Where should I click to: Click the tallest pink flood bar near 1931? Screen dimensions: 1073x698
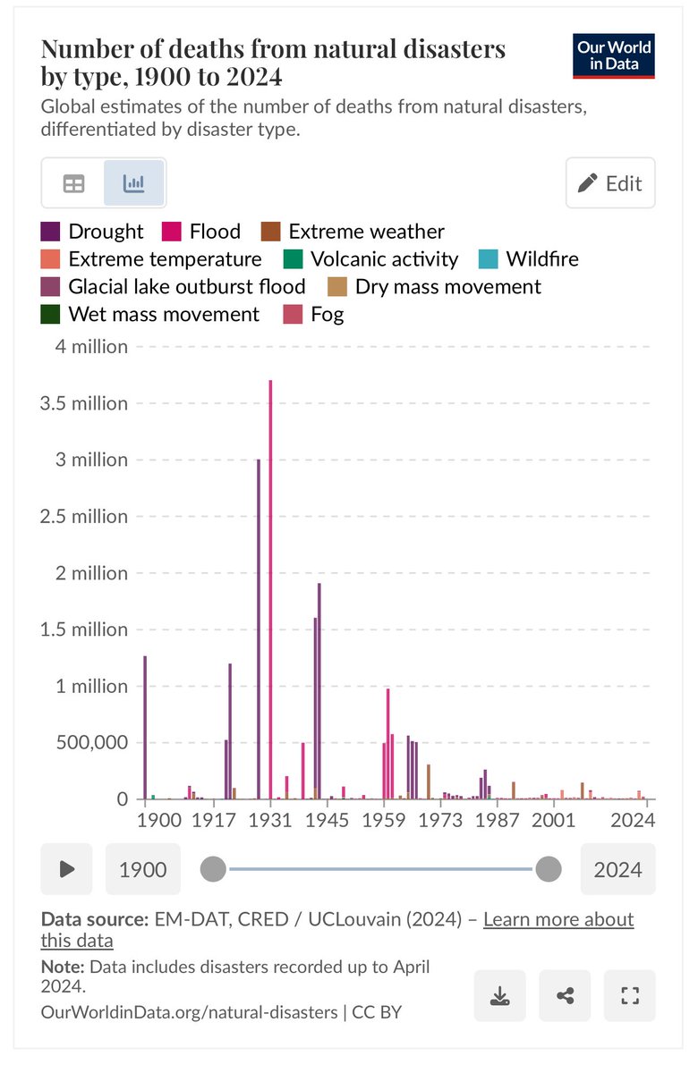pos(270,590)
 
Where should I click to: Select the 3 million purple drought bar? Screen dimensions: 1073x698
pos(259,626)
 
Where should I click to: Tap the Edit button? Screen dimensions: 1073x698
pos(610,183)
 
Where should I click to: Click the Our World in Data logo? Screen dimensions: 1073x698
pos(614,55)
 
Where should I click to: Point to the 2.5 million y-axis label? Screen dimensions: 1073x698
pos(84,516)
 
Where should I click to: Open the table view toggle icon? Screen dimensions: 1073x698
pos(73,183)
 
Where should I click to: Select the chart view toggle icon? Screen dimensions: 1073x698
pos(134,183)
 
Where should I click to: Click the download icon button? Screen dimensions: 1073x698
pos(500,995)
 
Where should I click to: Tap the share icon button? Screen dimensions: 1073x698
pos(565,995)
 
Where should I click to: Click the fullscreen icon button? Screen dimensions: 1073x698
pos(629,995)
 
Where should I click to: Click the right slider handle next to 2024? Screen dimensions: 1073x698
pos(548,868)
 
